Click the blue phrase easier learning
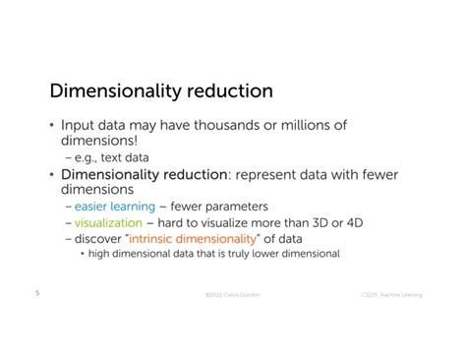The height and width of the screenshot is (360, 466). pos(115,207)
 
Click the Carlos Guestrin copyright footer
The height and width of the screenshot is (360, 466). pos(232,294)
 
